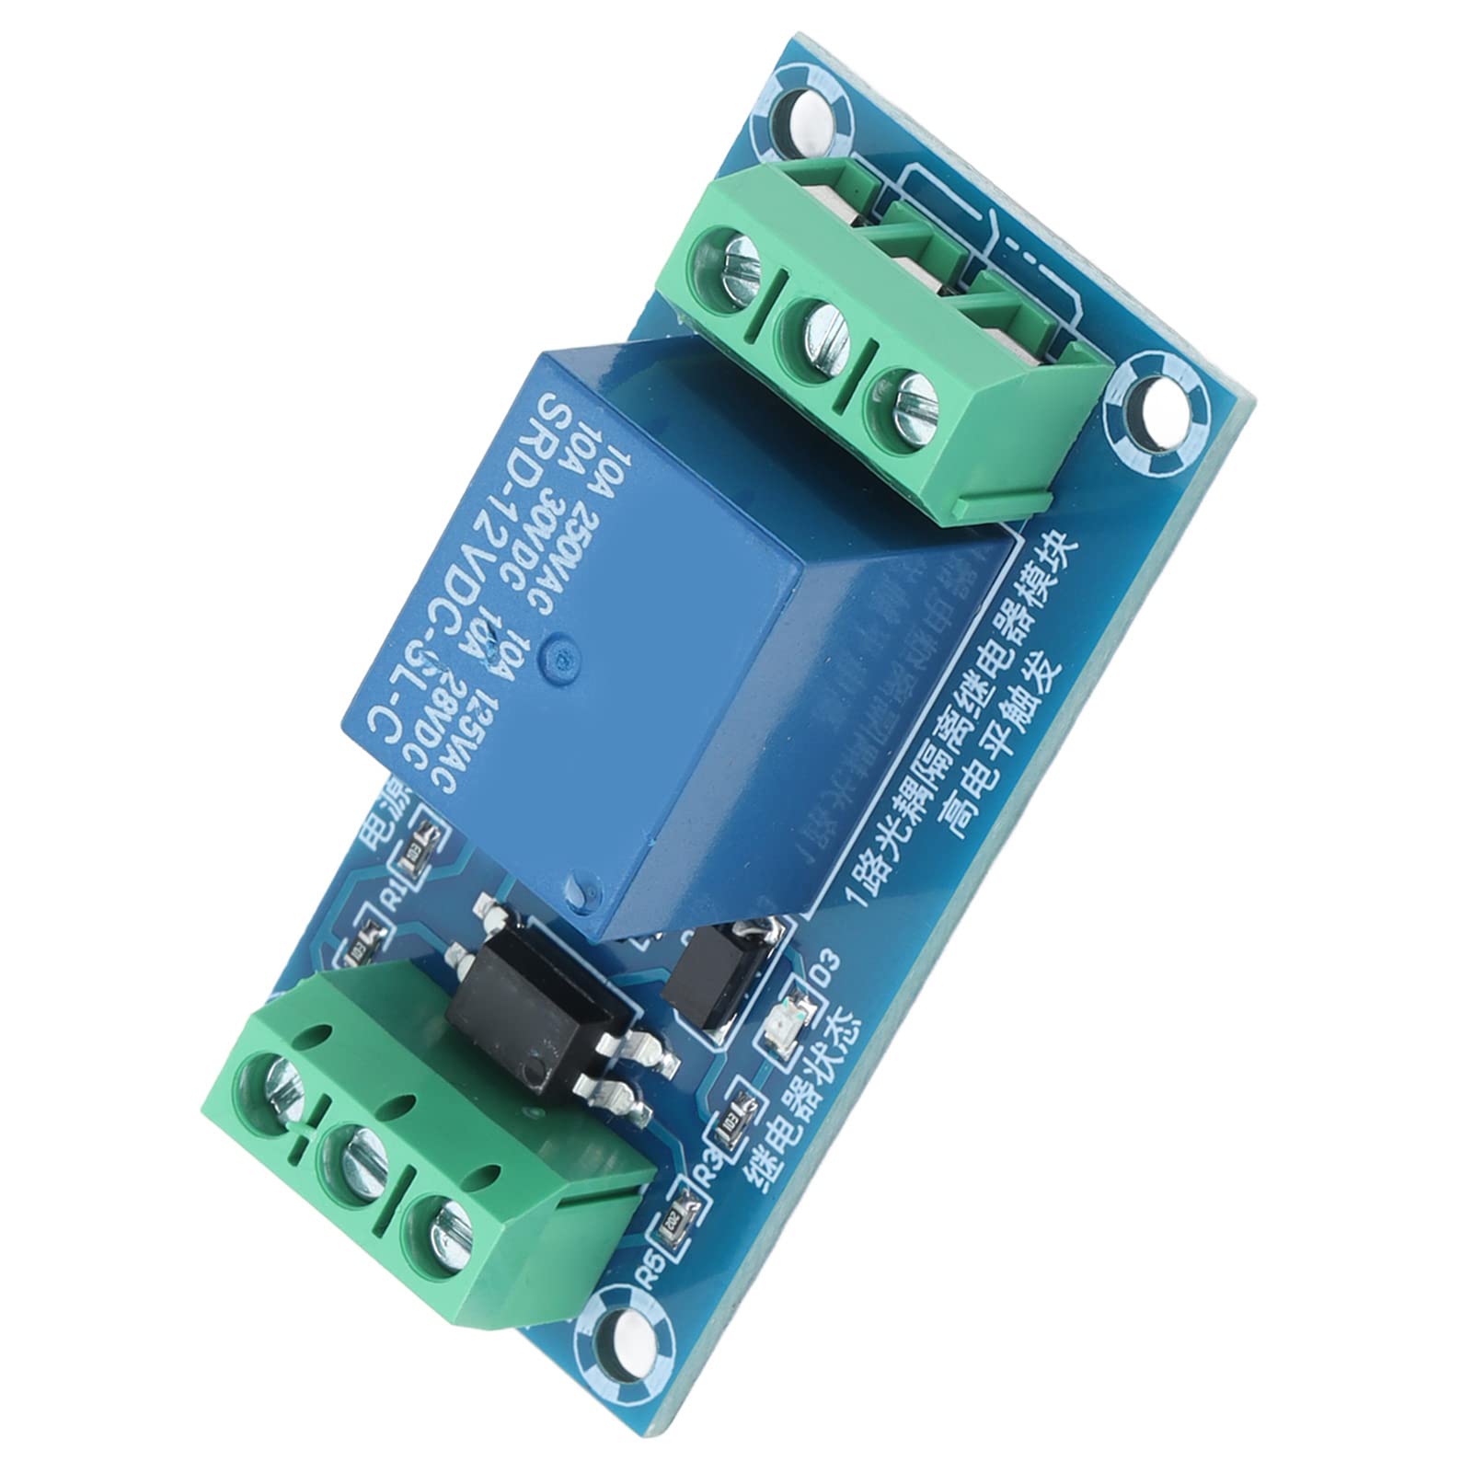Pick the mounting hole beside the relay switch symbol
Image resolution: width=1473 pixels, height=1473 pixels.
tap(1154, 401)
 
